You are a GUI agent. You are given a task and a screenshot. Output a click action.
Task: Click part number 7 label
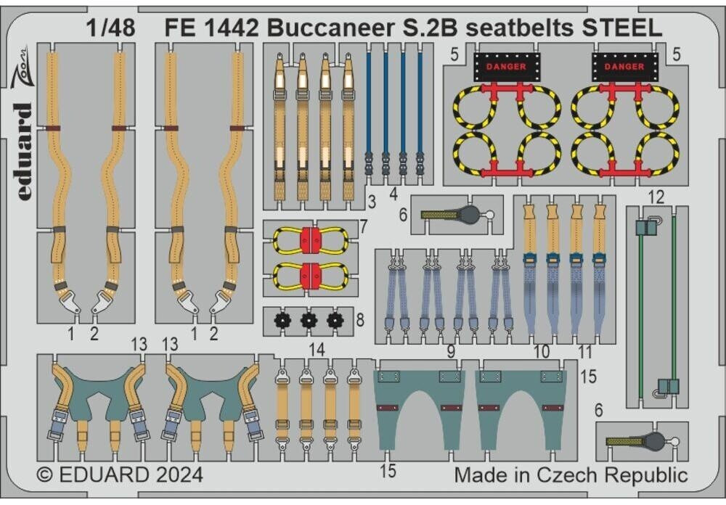[x=363, y=228]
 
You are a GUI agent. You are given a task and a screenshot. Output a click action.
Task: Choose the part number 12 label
[x=656, y=197]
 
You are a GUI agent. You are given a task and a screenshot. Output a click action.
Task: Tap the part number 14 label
[x=317, y=349]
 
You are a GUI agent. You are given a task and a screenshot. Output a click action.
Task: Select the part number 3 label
[x=371, y=200]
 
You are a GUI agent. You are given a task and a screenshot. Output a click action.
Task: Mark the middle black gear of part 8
[x=309, y=319]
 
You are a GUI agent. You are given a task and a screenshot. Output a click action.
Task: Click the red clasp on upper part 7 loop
[x=311, y=240]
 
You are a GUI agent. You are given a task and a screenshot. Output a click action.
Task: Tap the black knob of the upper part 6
[x=469, y=214]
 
